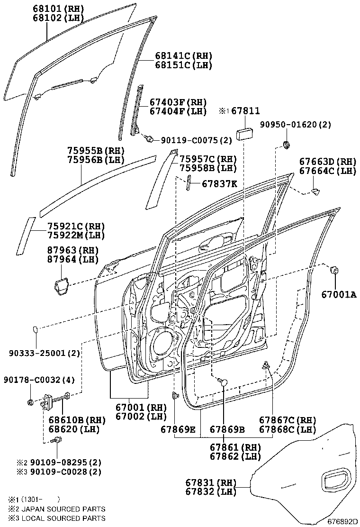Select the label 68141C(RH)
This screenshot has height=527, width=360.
[x=183, y=56]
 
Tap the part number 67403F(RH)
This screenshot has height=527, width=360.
[x=178, y=102]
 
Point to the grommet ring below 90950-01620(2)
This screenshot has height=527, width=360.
[x=286, y=144]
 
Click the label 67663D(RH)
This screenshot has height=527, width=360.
[x=327, y=161]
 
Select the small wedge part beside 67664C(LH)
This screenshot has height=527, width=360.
[x=315, y=191]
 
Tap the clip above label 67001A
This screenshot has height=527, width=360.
[x=334, y=271]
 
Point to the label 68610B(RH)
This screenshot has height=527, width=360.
[x=70, y=420]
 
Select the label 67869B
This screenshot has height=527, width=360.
[x=227, y=429]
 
